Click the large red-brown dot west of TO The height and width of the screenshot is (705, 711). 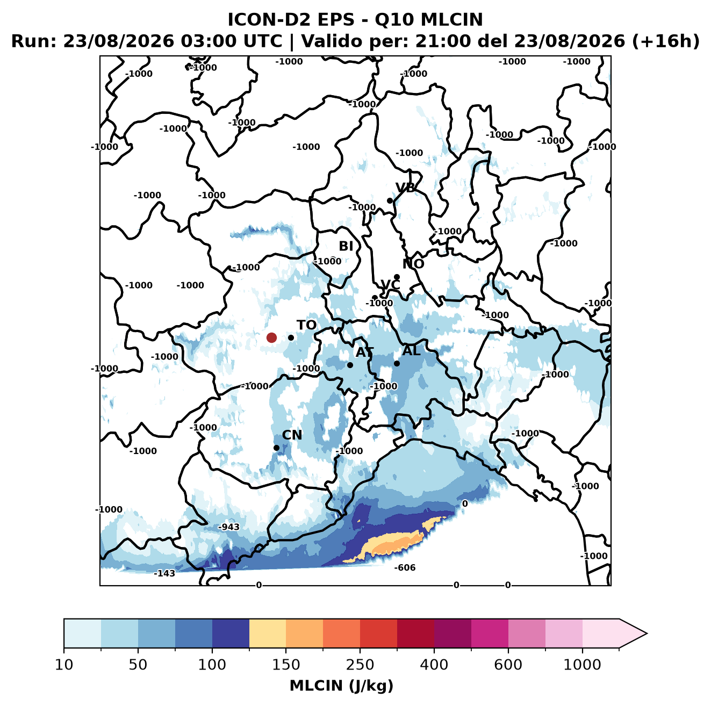tap(271, 337)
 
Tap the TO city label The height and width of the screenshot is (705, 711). tap(307, 325)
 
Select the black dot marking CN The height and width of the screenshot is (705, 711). tap(276, 448)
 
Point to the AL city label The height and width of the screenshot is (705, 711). tap(412, 350)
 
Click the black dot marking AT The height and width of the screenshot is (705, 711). tap(350, 365)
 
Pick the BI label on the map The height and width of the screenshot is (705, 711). tap(346, 246)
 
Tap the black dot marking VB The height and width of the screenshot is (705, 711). tap(390, 200)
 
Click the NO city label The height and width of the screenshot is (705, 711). tap(413, 264)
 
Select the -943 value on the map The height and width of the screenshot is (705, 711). tap(229, 527)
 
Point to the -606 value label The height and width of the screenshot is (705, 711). tap(405, 568)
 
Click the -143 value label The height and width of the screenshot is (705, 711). tap(164, 573)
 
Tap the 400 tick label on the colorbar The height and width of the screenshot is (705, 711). tap(434, 665)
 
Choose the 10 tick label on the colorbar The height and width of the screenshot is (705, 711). tap(64, 665)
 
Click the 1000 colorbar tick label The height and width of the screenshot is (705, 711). tap(582, 665)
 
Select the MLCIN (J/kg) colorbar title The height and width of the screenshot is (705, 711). tap(341, 686)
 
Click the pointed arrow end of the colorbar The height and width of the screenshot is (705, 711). tap(647, 634)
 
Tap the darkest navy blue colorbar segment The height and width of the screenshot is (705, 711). tap(231, 634)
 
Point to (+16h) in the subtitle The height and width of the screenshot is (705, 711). tap(665, 41)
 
